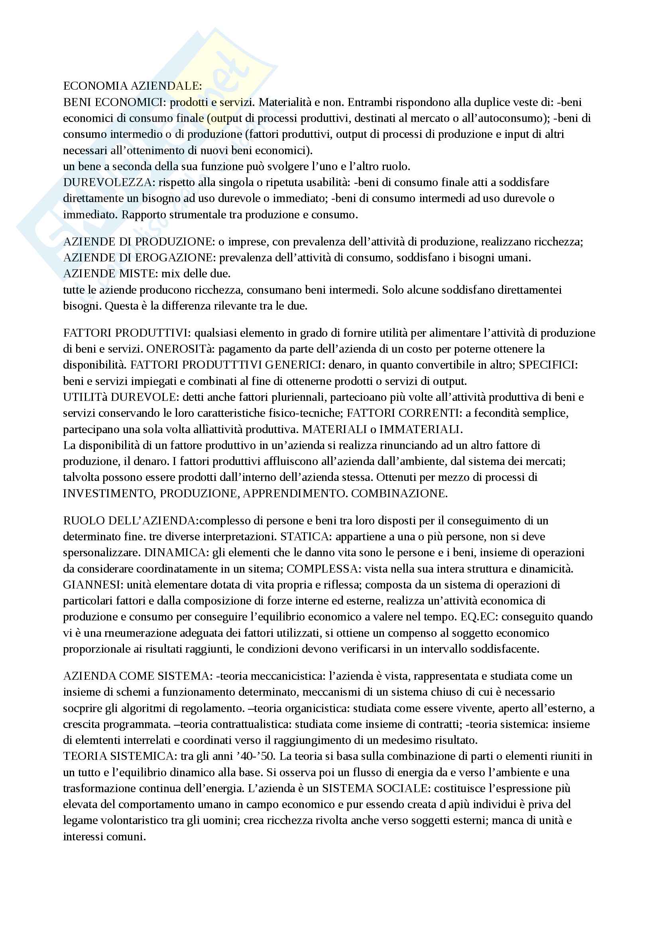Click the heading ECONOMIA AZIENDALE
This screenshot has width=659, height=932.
pyautogui.click(x=132, y=86)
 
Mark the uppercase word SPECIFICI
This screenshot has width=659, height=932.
pyautogui.click(x=548, y=365)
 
